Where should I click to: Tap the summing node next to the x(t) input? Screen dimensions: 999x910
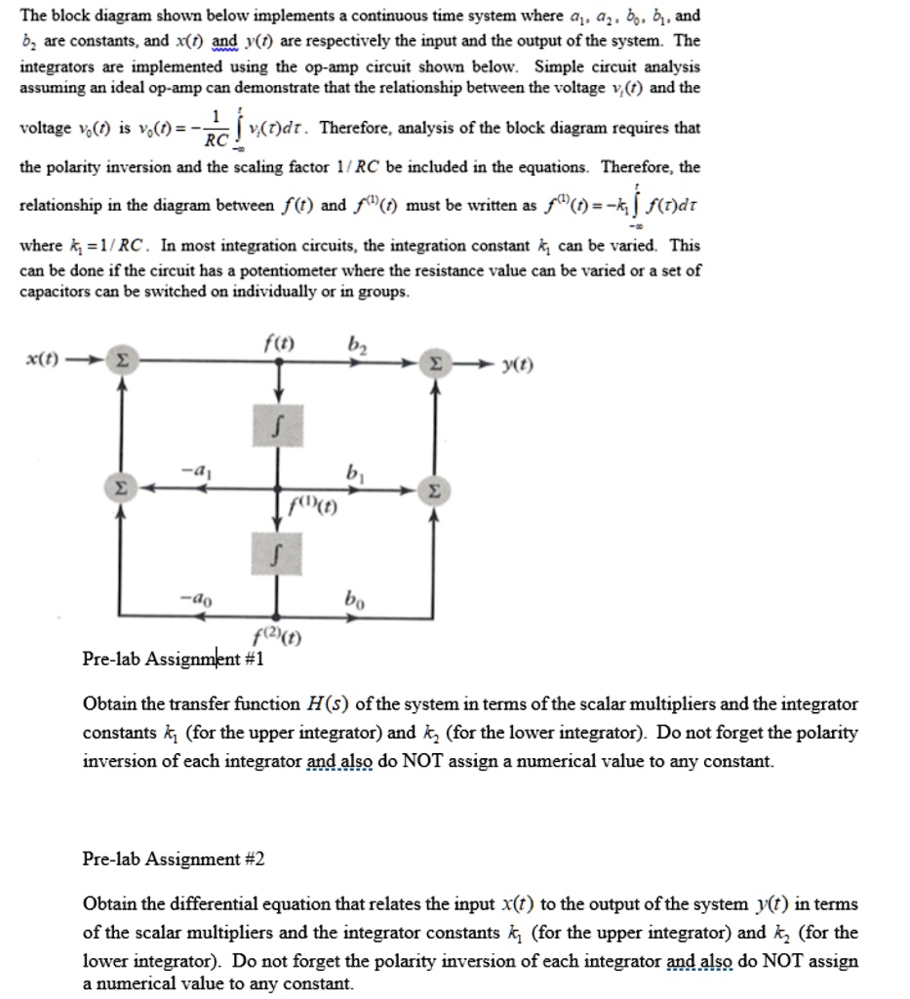click(x=120, y=362)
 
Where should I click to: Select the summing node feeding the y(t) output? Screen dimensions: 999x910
click(x=436, y=364)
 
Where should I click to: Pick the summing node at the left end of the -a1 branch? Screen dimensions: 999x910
click(x=120, y=484)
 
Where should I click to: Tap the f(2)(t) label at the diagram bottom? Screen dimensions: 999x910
click(x=277, y=640)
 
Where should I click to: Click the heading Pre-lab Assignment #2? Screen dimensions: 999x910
click(x=175, y=859)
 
